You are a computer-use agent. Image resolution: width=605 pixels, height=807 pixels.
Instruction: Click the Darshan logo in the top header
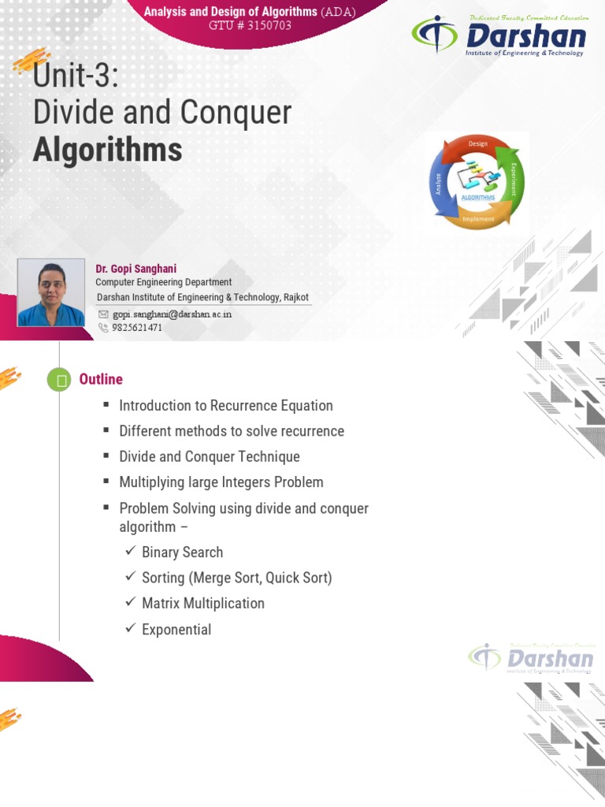(x=499, y=37)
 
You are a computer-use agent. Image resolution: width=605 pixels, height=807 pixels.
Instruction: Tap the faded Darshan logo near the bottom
(x=531, y=659)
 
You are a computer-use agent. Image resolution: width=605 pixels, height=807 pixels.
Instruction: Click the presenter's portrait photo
(x=51, y=292)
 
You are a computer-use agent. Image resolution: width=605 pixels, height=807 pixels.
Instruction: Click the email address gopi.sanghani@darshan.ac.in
(x=172, y=314)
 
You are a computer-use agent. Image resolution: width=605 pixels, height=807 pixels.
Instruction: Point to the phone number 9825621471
(x=137, y=328)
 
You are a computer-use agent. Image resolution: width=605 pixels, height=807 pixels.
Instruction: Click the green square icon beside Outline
(x=59, y=381)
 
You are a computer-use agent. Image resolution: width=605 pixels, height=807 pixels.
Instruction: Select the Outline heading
(x=101, y=379)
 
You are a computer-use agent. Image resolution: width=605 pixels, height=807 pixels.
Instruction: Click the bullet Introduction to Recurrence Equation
(x=225, y=406)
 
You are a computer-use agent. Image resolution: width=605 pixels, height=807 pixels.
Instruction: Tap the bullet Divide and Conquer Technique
(x=209, y=456)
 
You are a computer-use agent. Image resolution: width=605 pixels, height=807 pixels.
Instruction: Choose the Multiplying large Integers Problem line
(x=221, y=482)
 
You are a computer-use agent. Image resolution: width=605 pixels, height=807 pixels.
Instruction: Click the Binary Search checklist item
(x=182, y=552)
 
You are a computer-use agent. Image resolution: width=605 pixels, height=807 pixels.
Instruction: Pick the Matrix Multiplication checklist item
(x=202, y=603)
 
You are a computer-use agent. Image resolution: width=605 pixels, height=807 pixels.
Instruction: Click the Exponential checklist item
(x=176, y=630)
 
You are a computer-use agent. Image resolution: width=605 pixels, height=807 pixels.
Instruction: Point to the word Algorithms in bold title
(x=107, y=149)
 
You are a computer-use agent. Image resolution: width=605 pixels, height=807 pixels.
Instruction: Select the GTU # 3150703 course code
(x=250, y=24)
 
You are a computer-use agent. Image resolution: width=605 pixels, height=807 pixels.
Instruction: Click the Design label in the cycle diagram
(x=477, y=143)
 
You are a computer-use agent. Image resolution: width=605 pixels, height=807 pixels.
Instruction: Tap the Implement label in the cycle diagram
(x=478, y=218)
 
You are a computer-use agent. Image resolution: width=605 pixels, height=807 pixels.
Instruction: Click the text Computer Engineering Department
(x=163, y=282)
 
